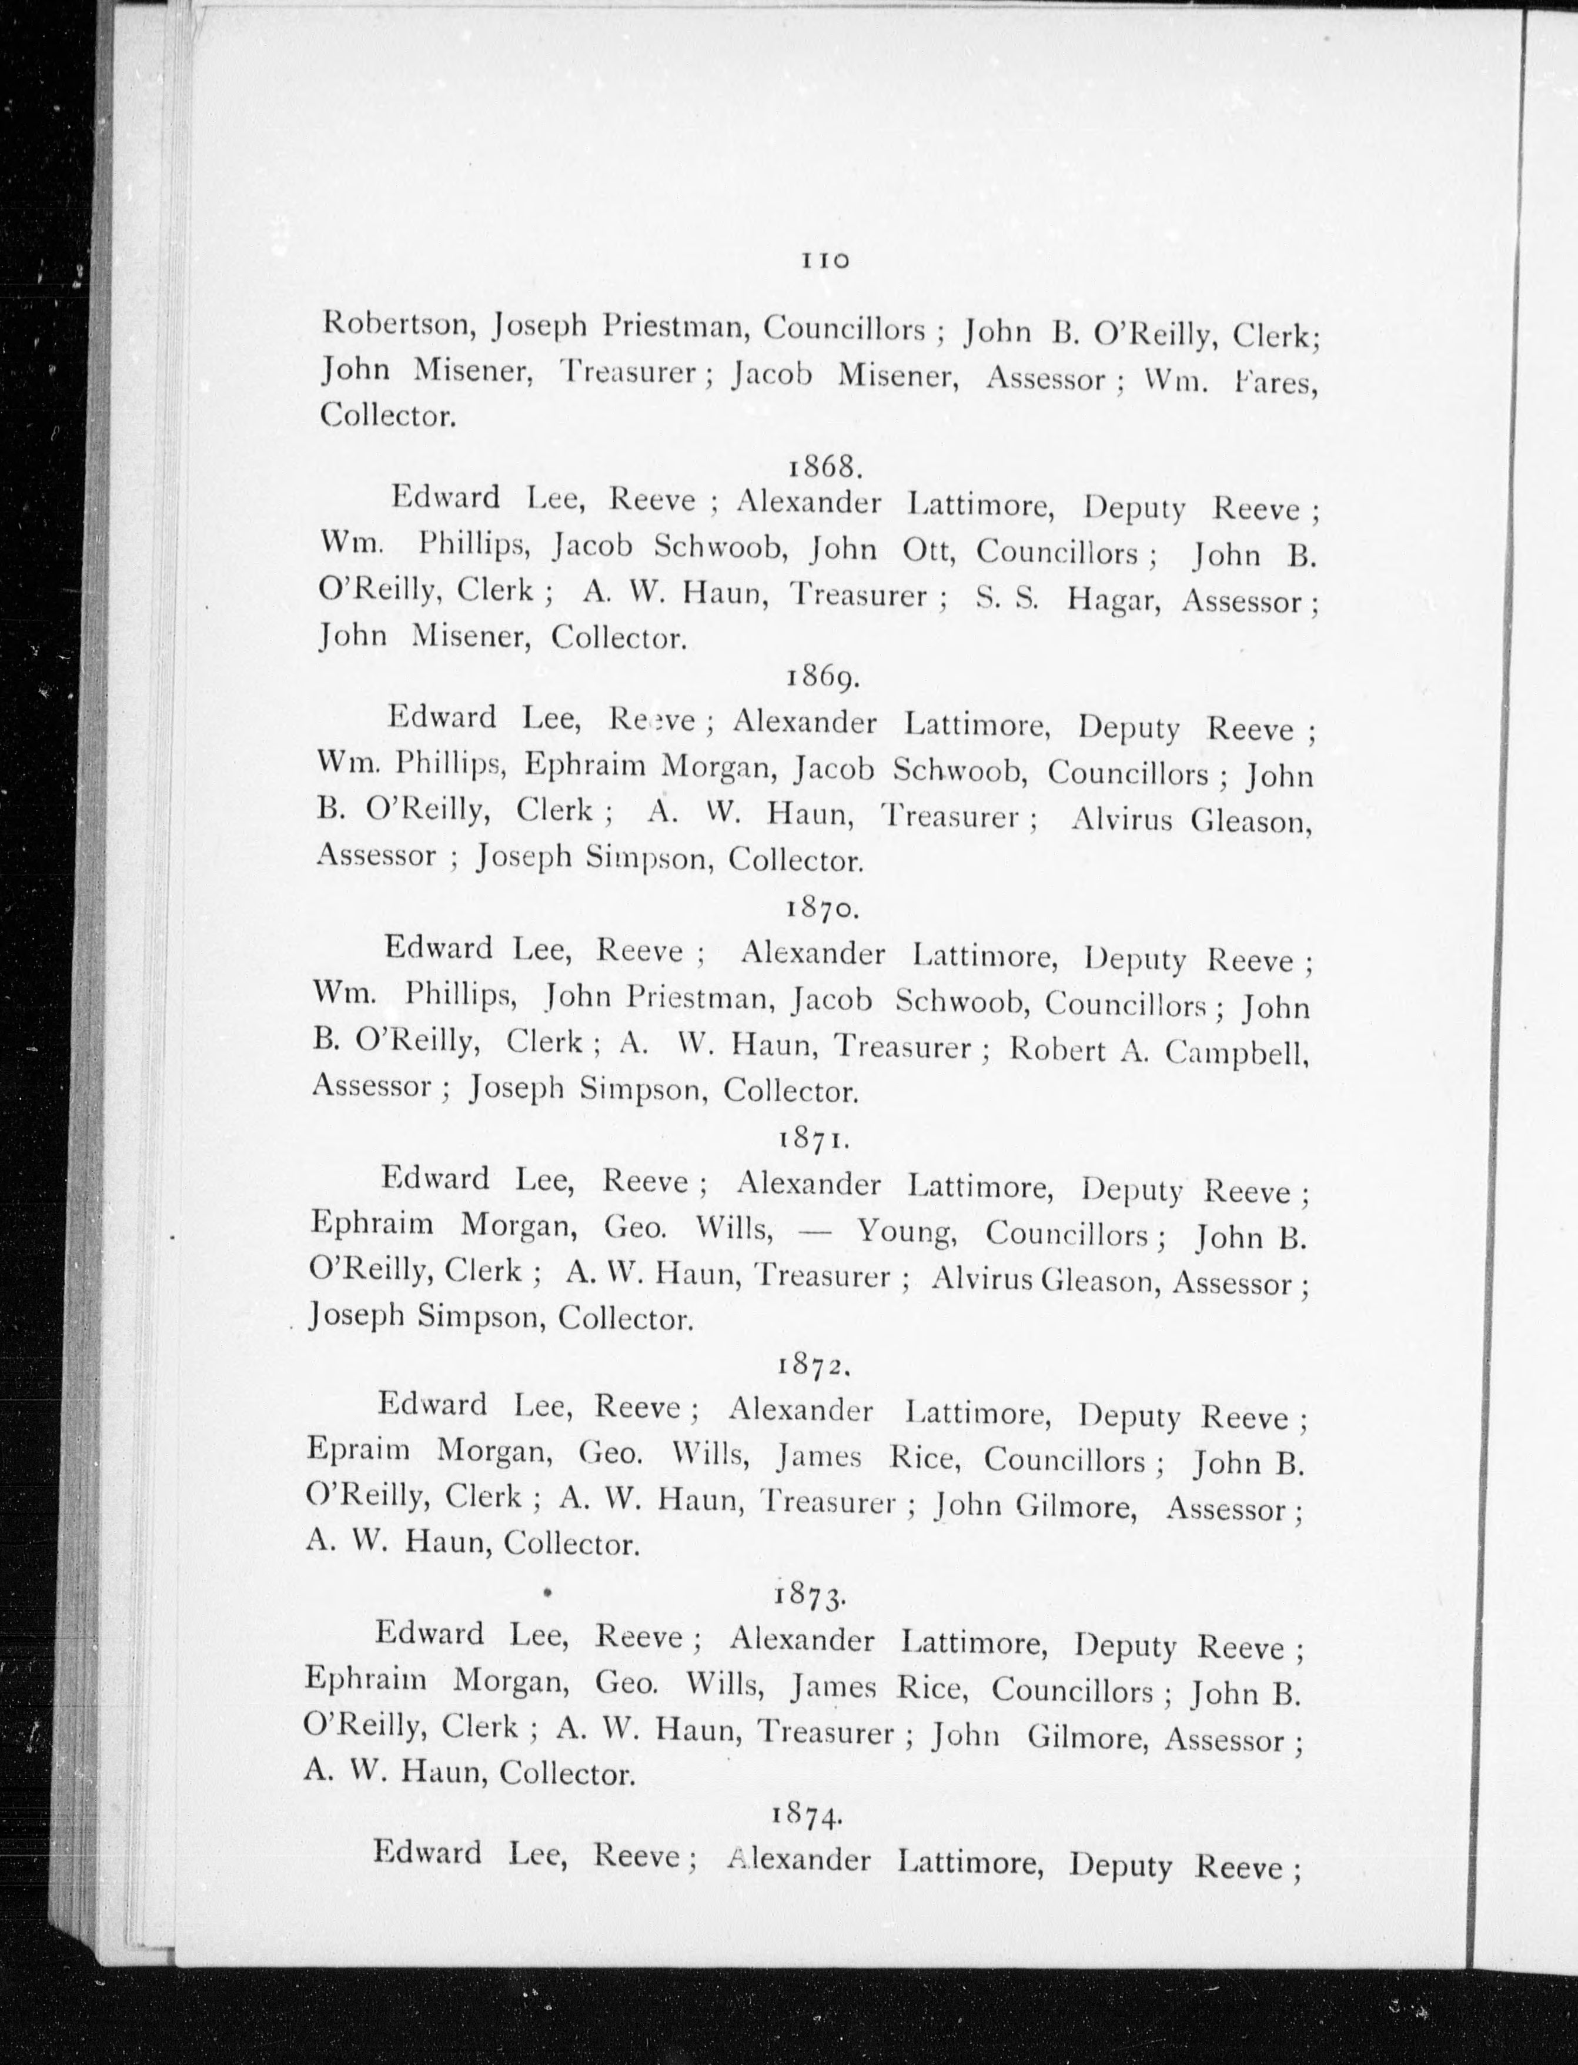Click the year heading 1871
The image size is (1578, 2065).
[814, 1139]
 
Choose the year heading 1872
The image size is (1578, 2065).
[814, 1364]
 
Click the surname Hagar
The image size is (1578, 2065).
[1114, 599]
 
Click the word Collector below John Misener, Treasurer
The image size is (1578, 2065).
[387, 415]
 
